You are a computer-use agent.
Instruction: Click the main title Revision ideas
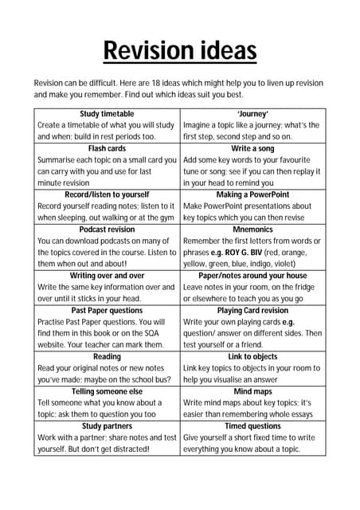tap(180, 52)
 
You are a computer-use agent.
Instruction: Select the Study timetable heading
tap(108, 114)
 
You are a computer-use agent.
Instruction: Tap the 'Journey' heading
tap(252, 114)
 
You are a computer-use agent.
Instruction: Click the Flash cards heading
tap(108, 148)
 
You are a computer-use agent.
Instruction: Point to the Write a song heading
tap(252, 148)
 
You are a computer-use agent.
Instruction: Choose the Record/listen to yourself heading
tap(108, 194)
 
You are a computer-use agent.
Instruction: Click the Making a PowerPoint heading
tap(252, 194)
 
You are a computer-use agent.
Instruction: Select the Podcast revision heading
tap(108, 229)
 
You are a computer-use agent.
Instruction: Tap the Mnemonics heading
tap(252, 229)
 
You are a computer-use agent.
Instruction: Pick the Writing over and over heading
tap(108, 275)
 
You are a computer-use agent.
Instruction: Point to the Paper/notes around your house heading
tap(252, 275)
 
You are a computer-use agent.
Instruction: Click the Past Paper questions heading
tap(108, 310)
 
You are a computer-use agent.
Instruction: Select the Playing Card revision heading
tap(252, 310)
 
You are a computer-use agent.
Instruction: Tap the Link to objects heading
tap(252, 356)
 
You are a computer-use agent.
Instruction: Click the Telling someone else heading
tap(108, 391)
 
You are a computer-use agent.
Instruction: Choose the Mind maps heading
tap(252, 391)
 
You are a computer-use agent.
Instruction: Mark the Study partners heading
tap(108, 426)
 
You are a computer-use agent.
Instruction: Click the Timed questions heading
tap(252, 426)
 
